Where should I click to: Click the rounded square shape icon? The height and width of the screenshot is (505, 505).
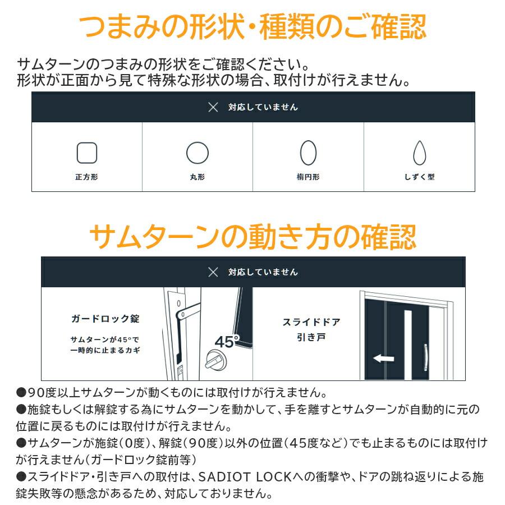pyautogui.click(x=87, y=153)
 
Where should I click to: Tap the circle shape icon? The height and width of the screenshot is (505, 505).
pyautogui.click(x=198, y=153)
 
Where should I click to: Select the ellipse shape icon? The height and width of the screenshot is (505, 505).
pyautogui.click(x=308, y=152)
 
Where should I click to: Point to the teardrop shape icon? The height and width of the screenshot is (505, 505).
pyautogui.click(x=419, y=152)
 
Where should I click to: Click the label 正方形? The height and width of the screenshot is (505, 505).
pyautogui.click(x=86, y=177)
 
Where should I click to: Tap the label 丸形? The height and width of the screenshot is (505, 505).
pyautogui.click(x=198, y=177)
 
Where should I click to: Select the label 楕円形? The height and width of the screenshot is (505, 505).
pyautogui.click(x=308, y=177)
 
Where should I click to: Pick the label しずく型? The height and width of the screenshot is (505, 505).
pyautogui.click(x=419, y=177)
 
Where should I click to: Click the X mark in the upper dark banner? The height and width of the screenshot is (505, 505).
pyautogui.click(x=213, y=107)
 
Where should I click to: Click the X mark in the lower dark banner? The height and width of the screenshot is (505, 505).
pyautogui.click(x=213, y=272)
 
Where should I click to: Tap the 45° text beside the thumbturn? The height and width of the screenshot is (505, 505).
pyautogui.click(x=227, y=342)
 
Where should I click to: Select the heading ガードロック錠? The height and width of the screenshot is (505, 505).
pyautogui.click(x=105, y=319)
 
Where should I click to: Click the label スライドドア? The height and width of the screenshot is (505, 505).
pyautogui.click(x=311, y=323)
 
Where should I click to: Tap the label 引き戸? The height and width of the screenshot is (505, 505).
pyautogui.click(x=311, y=337)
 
